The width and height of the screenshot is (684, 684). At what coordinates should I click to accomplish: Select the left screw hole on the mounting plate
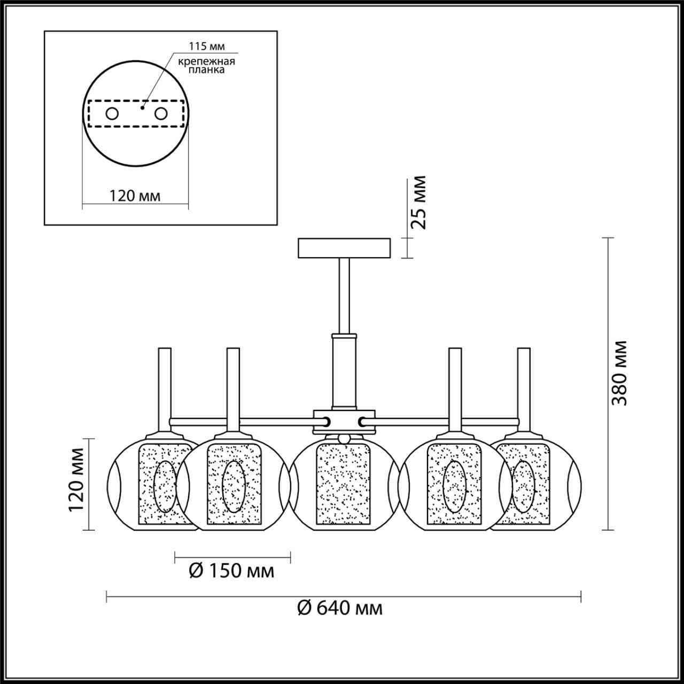[x=112, y=114]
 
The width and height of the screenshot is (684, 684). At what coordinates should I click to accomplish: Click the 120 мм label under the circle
[x=135, y=196]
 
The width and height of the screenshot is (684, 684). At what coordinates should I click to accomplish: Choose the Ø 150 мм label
[x=232, y=571]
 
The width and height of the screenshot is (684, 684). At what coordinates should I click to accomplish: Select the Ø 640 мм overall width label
[x=340, y=608]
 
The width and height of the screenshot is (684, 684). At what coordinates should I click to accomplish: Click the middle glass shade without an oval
[x=343, y=484]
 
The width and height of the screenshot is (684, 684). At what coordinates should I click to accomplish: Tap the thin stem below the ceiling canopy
[x=344, y=294]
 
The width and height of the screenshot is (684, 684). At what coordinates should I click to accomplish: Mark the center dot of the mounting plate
[x=142, y=107]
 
